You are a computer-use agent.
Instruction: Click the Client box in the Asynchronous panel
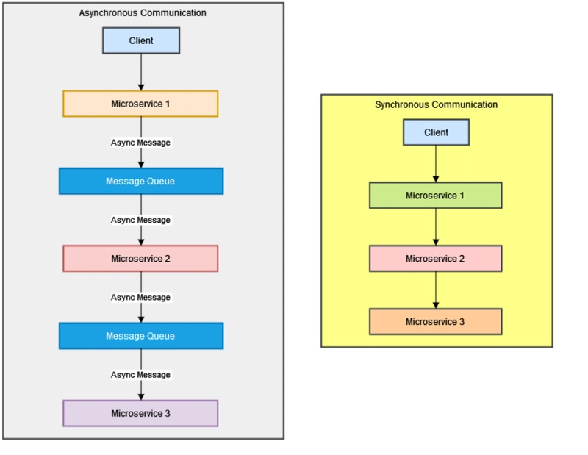pyautogui.click(x=140, y=40)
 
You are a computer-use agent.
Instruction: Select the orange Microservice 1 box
pyautogui.click(x=140, y=104)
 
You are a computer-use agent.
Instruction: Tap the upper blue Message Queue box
pyautogui.click(x=140, y=181)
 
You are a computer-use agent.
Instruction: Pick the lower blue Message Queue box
pyautogui.click(x=140, y=336)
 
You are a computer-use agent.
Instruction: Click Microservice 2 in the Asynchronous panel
pyautogui.click(x=140, y=259)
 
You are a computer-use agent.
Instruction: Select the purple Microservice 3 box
pyautogui.click(x=140, y=413)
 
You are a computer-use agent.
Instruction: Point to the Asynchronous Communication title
pyautogui.click(x=143, y=13)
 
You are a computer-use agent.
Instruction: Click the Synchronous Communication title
pyautogui.click(x=436, y=104)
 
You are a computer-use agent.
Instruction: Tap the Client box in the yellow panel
pyautogui.click(x=436, y=132)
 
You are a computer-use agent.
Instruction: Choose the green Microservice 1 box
pyautogui.click(x=435, y=196)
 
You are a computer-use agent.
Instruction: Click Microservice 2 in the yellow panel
pyautogui.click(x=435, y=259)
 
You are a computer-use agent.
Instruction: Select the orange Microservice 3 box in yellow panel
pyautogui.click(x=435, y=322)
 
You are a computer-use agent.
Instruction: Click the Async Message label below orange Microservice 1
pyautogui.click(x=140, y=143)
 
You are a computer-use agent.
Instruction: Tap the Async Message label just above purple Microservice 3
pyautogui.click(x=140, y=375)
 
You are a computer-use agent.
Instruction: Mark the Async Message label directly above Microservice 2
pyautogui.click(x=140, y=220)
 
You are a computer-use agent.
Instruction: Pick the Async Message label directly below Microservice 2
pyautogui.click(x=140, y=298)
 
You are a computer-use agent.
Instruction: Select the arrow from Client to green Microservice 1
pyautogui.click(x=436, y=164)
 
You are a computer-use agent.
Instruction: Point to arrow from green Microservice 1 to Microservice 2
pyautogui.click(x=436, y=227)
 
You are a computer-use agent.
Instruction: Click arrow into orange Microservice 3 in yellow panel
pyautogui.click(x=436, y=290)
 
